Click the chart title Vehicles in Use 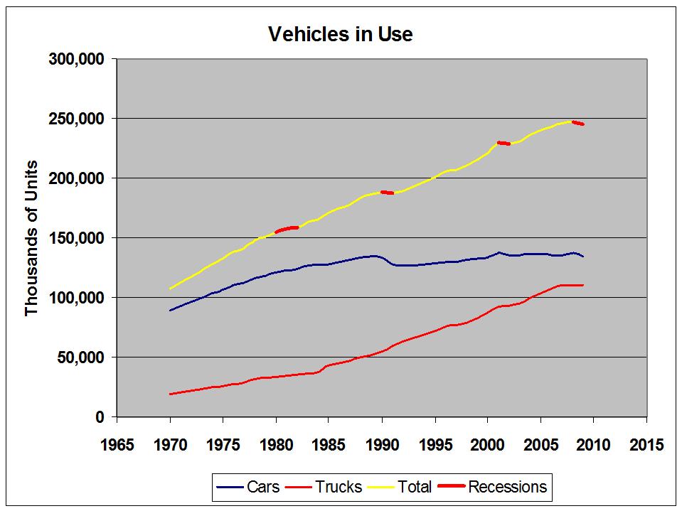(339, 33)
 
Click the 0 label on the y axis (101, 416)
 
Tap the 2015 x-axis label (646, 445)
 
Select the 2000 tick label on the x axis (487, 445)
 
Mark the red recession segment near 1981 (287, 229)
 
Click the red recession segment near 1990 (387, 193)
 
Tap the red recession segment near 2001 (503, 143)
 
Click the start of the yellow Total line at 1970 (170, 289)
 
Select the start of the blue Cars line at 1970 (170, 310)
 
